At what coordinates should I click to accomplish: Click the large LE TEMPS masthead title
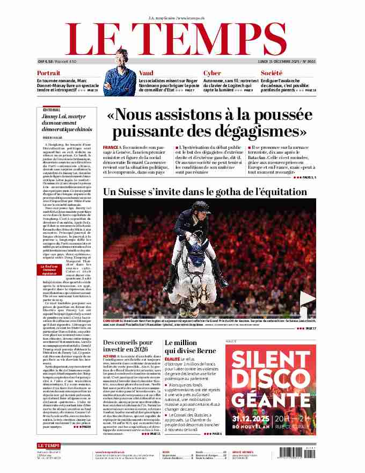tap(182, 39)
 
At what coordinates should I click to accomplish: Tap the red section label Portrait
tap(48, 73)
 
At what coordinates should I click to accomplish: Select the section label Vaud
tap(146, 73)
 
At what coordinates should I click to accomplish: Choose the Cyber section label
tap(212, 73)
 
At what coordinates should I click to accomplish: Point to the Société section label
tap(272, 73)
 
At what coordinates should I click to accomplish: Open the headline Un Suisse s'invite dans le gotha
tap(205, 191)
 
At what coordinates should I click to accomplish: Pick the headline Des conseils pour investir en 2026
tap(131, 347)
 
